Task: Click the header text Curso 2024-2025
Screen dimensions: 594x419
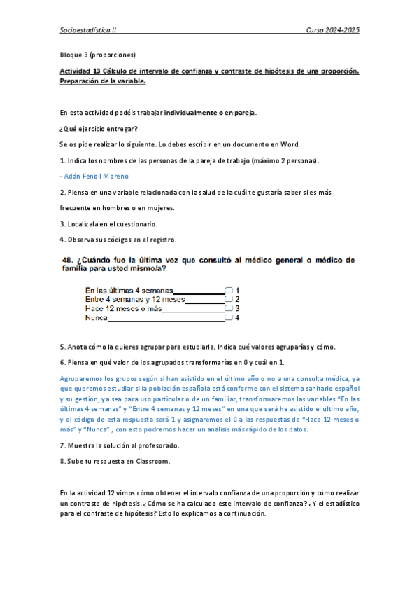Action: point(333,32)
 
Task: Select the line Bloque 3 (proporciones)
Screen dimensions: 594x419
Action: point(97,55)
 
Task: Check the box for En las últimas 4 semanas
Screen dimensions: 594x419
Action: point(229,290)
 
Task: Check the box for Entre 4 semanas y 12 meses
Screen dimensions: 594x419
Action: point(229,299)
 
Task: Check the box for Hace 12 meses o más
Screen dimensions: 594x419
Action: point(229,308)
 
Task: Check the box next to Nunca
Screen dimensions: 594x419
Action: point(229,317)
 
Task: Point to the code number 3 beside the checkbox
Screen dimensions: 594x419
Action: point(238,308)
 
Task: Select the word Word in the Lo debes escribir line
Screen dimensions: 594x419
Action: point(290,144)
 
